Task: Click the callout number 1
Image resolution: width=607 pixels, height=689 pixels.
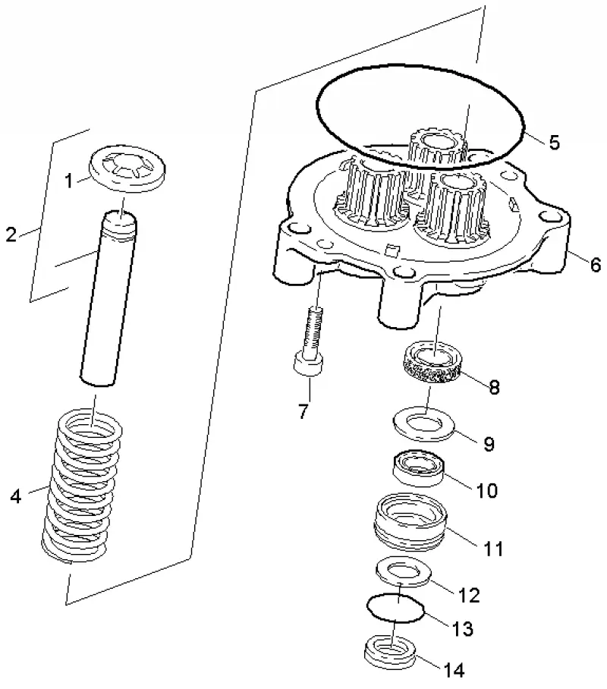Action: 68,180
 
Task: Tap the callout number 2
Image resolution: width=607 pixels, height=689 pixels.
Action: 11,234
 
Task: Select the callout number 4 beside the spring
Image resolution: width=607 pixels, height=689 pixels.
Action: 15,496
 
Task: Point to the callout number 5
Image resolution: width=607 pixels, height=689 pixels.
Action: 554,143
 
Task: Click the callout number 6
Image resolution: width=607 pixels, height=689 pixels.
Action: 596,265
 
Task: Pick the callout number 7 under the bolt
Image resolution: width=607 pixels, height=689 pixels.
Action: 303,411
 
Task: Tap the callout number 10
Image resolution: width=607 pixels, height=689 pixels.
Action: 486,490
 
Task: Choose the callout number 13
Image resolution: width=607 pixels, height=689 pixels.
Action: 463,629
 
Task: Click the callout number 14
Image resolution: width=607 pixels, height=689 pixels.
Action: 454,671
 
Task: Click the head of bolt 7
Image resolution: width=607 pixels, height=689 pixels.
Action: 308,363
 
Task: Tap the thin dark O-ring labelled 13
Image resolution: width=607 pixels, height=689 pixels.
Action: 395,607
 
